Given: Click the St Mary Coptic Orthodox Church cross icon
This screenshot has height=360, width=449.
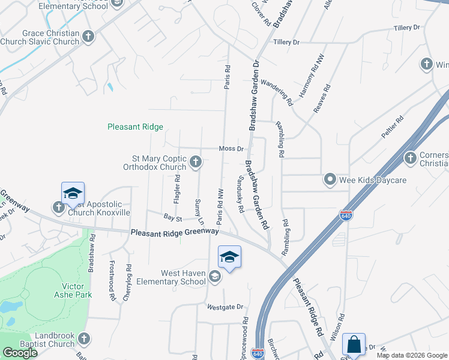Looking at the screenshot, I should tap(196, 161).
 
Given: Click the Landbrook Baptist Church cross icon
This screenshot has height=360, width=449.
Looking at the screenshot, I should tap(85, 339).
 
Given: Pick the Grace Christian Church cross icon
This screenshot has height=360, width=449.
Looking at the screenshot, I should tap(88, 37).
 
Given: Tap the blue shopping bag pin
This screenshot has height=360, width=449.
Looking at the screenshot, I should tap(354, 345).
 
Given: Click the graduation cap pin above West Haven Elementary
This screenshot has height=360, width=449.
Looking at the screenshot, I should tap(229, 257).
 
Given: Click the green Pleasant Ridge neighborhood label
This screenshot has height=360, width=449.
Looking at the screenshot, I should tap(135, 127).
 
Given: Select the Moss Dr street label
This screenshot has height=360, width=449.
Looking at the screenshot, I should tap(231, 148).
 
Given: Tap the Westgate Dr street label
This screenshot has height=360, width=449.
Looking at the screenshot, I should tap(224, 307).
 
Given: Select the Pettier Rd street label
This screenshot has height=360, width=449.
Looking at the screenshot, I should tap(392, 127).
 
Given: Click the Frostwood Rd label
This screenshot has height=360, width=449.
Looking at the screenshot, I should tap(111, 279).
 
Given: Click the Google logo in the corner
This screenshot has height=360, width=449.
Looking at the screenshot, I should tap(19, 352).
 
